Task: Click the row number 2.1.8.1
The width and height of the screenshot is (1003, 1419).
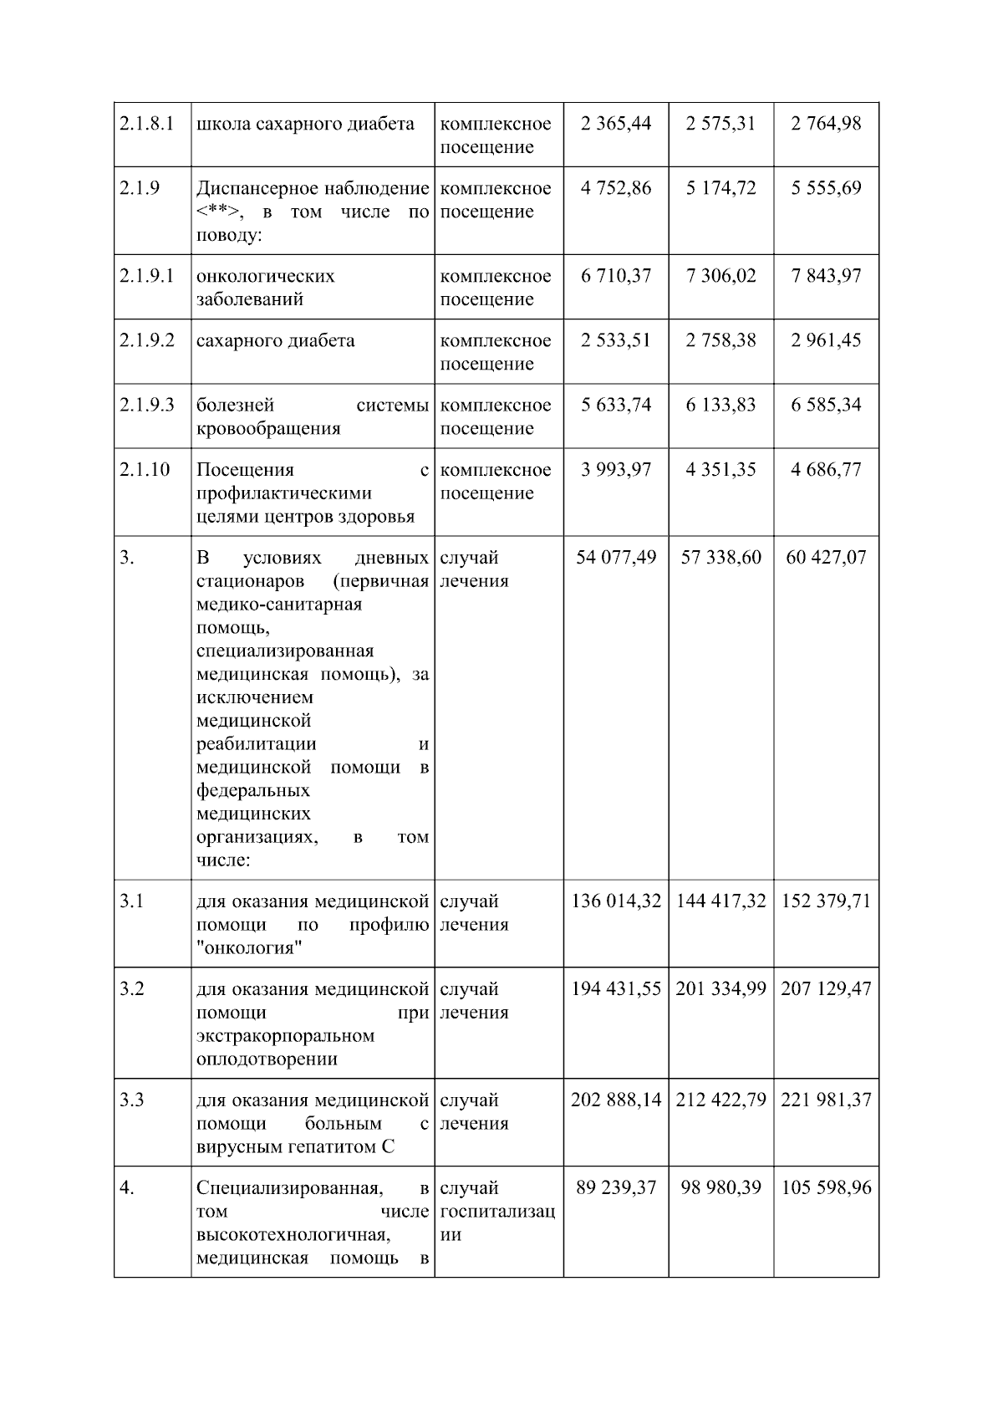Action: pyautogui.click(x=146, y=124)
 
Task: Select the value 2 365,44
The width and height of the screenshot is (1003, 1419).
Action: pyautogui.click(x=616, y=124)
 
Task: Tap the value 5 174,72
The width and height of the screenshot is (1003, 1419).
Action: pyautogui.click(x=720, y=188)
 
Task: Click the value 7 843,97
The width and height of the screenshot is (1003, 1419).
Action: pyautogui.click(x=826, y=276)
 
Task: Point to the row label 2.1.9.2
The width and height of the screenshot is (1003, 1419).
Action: pyautogui.click(x=147, y=340)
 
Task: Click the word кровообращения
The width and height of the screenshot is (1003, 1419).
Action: pyautogui.click(x=268, y=428)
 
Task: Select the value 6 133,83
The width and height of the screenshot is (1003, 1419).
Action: pyautogui.click(x=720, y=405)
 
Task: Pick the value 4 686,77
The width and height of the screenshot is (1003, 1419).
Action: pyautogui.click(x=826, y=469)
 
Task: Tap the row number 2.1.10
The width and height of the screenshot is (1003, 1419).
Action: pyautogui.click(x=145, y=469)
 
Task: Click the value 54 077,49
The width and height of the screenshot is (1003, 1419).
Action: pyautogui.click(x=616, y=557)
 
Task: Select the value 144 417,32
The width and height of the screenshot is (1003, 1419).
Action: pyautogui.click(x=720, y=901)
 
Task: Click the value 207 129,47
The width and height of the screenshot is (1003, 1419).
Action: pyautogui.click(x=826, y=989)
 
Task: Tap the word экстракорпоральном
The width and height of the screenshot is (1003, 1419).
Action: pyautogui.click(x=285, y=1036)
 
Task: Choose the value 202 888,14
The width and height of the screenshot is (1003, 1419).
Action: pyautogui.click(x=616, y=1100)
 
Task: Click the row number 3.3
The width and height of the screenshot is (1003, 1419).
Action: pyautogui.click(x=131, y=1100)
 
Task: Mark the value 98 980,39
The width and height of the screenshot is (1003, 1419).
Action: pyautogui.click(x=720, y=1188)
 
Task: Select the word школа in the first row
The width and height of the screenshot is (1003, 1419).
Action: pyautogui.click(x=222, y=124)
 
